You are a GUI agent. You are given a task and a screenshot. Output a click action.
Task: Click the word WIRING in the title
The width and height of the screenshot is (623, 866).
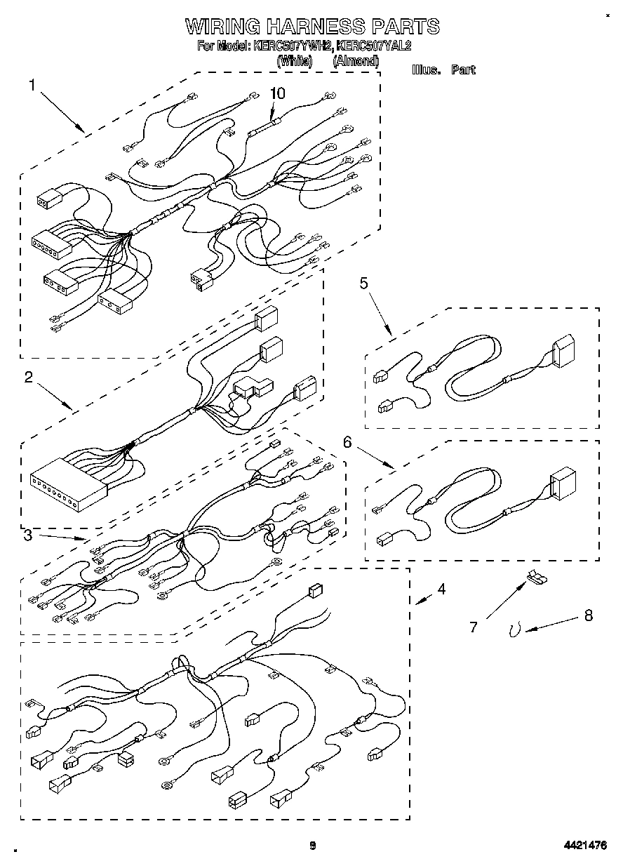tap(222, 27)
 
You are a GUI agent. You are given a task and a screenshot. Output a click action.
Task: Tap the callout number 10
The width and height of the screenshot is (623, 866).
tap(279, 93)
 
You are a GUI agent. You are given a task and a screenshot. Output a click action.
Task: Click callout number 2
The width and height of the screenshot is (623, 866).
tap(29, 377)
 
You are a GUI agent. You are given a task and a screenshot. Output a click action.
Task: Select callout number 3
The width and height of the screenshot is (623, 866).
tap(27, 536)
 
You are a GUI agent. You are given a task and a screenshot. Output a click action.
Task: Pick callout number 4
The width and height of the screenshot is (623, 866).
tap(441, 589)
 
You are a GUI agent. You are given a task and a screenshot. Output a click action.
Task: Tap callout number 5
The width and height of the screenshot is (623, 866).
tap(364, 283)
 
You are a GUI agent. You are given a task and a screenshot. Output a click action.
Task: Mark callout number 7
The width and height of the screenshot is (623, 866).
tap(474, 627)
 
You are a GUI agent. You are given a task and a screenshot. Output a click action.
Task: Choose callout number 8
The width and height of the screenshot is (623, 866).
tap(588, 615)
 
